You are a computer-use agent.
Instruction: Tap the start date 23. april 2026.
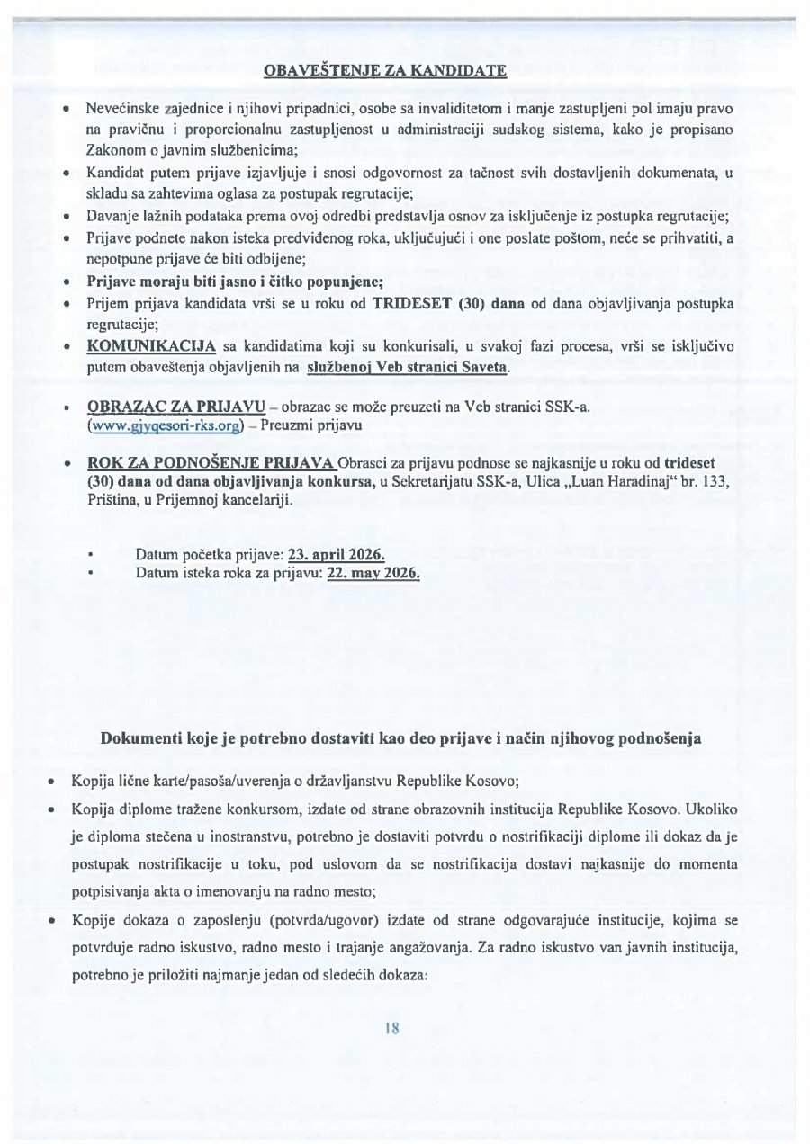(337, 555)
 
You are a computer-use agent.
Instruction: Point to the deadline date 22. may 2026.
(373, 572)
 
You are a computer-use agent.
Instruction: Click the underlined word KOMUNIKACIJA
(151, 346)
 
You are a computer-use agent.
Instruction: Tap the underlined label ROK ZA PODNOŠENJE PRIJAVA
(211, 462)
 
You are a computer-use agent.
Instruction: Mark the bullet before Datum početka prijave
(91, 555)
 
